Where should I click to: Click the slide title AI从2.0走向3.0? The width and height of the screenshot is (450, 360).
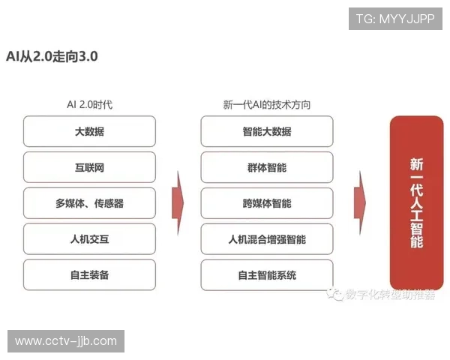point(52,56)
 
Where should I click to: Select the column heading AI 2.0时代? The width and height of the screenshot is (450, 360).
point(89,105)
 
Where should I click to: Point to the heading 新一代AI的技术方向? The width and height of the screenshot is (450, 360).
point(267,105)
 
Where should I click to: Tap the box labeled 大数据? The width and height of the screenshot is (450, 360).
point(89,131)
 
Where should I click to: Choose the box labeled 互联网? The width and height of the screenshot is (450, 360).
point(89,167)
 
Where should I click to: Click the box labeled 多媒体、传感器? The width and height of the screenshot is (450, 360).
point(89,203)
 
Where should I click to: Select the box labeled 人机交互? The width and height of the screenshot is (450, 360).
point(89,239)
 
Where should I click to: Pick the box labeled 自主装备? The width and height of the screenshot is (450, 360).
point(89,275)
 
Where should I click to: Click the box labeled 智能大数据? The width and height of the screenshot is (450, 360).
point(267,131)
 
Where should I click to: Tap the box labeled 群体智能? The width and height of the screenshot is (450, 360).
point(267,167)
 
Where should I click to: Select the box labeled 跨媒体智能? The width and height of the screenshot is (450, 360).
point(267,203)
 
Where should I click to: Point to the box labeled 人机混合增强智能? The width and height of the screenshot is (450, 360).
point(267,239)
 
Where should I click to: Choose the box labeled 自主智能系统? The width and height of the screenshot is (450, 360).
point(267,275)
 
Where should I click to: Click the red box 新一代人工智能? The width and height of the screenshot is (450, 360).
point(417,202)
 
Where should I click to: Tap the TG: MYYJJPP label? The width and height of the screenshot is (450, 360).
point(395,19)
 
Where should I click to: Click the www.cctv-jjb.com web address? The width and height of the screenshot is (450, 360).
point(66,341)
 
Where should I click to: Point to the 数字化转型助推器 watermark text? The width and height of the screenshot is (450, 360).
point(390,295)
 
